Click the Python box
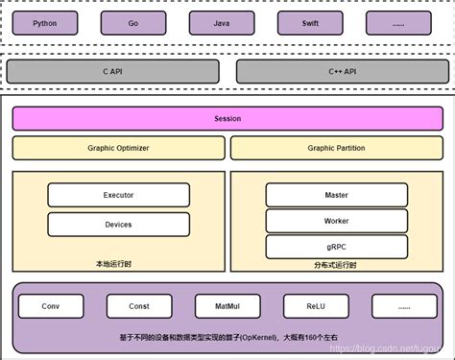point(50,22)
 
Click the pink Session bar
point(227,119)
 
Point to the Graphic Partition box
point(336,148)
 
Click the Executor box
point(118,195)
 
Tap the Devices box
point(118,224)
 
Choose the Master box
point(336,195)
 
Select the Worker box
point(336,221)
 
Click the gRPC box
point(336,246)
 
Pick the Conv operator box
point(50,306)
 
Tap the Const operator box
point(139,306)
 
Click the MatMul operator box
point(227,306)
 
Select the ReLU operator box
point(316,306)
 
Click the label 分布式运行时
point(335,266)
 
